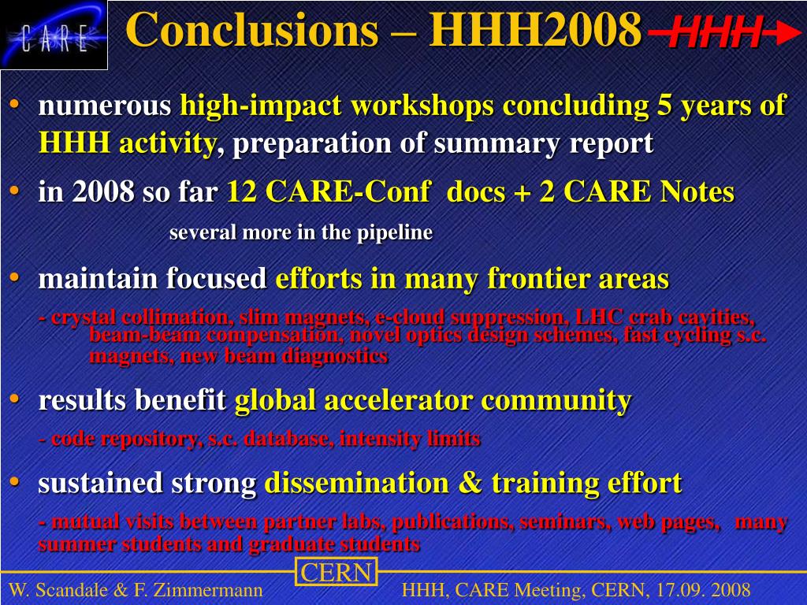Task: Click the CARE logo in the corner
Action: coord(54,35)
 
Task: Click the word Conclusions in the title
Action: coord(252,29)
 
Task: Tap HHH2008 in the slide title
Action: coord(535,29)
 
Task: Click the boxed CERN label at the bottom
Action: coord(336,573)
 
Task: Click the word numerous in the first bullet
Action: coord(105,106)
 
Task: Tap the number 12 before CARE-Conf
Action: coord(242,191)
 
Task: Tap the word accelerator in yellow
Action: coord(398,400)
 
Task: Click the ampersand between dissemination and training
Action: coord(468,483)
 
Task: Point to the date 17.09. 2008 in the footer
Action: coord(703,589)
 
